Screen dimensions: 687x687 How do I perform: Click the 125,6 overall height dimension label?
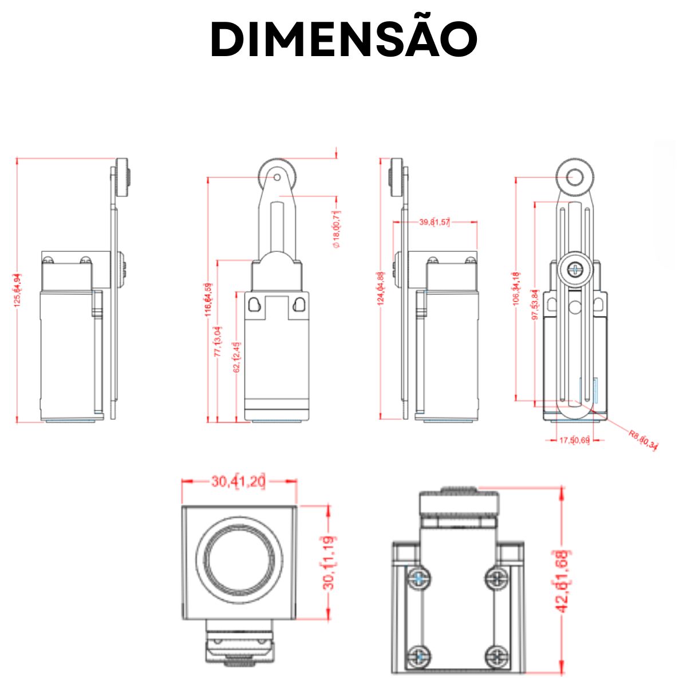click(x=18, y=290)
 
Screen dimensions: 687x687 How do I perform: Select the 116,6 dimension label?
click(x=208, y=299)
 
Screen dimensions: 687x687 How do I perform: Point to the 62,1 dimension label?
click(x=237, y=357)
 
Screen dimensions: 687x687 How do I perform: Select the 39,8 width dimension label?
click(x=435, y=222)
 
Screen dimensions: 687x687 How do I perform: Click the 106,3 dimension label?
click(x=516, y=289)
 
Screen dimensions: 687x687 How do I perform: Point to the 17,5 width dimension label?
click(x=574, y=440)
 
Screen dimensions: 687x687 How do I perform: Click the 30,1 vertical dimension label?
click(x=329, y=562)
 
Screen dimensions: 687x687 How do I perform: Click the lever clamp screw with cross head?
click(x=575, y=268)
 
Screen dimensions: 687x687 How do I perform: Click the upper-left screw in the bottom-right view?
click(x=420, y=579)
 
